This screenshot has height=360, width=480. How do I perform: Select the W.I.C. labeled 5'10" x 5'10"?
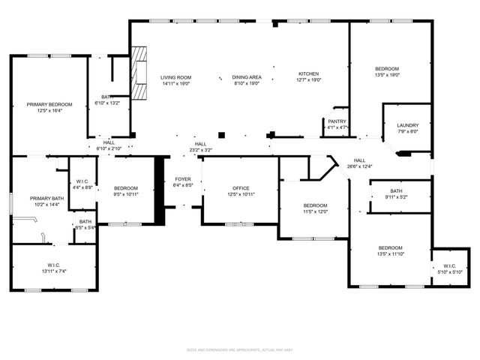point(450,268)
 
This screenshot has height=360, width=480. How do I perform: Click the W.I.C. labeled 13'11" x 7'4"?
point(51,268)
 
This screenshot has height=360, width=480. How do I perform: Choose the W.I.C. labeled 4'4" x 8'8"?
point(83,184)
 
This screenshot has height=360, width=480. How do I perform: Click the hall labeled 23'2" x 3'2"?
point(200,147)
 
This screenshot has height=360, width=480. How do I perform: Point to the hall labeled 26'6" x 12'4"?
point(360,163)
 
